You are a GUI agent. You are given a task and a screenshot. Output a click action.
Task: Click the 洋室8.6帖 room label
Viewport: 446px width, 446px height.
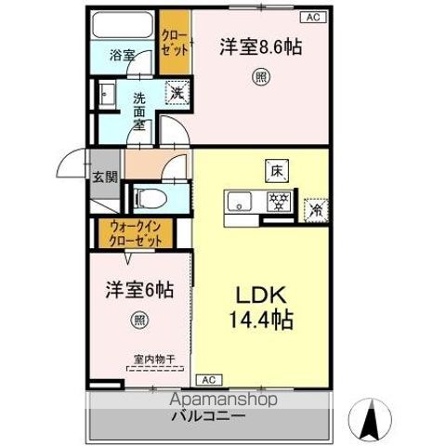(263, 46)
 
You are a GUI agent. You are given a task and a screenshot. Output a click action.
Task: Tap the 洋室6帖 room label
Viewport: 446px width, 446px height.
(138, 290)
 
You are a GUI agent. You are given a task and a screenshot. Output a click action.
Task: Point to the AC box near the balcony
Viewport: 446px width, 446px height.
(208, 380)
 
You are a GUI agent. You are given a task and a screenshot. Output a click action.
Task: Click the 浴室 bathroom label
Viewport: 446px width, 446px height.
(122, 55)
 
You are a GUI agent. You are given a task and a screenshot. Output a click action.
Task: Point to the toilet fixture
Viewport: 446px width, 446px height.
(148, 197)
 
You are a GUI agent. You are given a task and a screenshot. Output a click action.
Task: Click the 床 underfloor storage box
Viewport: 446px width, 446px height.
(276, 171)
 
